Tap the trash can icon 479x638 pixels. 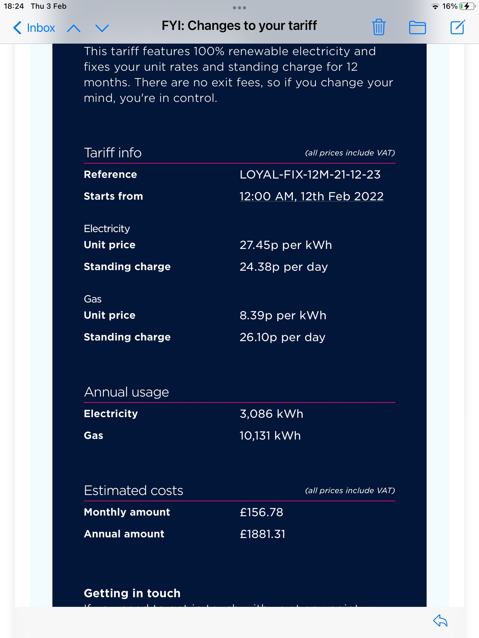tap(379, 27)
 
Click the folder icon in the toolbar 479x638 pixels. tap(417, 27)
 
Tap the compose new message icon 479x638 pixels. tap(457, 27)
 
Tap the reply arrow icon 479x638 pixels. tap(440, 621)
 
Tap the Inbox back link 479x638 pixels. tap(34, 28)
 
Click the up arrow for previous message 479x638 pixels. tap(74, 28)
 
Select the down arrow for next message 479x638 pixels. tap(102, 28)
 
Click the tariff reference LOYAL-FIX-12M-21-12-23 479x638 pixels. tap(310, 174)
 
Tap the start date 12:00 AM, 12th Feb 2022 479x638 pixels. tap(311, 196)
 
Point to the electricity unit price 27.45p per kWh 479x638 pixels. tap(286, 245)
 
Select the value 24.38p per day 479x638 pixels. tap(283, 267)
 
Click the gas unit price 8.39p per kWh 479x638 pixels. tap(283, 315)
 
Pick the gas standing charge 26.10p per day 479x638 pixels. tap(282, 337)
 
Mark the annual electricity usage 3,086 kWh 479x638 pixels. tap(271, 414)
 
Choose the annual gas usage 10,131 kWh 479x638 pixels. tap(270, 436)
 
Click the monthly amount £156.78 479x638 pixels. tap(261, 512)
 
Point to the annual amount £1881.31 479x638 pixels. tap(262, 534)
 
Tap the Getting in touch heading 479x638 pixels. tap(132, 593)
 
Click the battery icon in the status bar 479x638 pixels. tap(467, 6)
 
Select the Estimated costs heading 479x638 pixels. tap(133, 490)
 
